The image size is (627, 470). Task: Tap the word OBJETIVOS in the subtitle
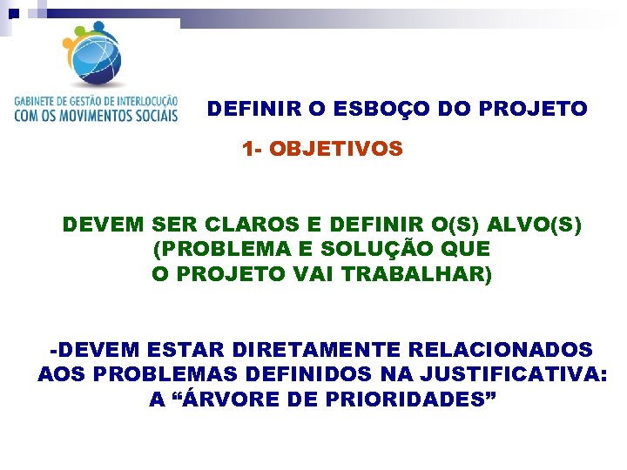pyautogui.click(x=336, y=149)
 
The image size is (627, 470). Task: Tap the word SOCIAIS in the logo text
pyautogui.click(x=157, y=114)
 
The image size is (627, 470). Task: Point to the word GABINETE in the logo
pyautogui.click(x=36, y=100)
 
